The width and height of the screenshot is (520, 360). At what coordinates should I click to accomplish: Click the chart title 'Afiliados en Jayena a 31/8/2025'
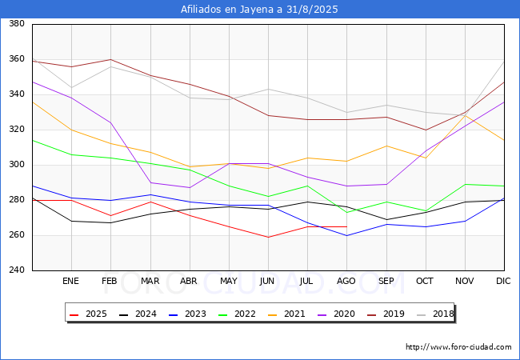click(259, 10)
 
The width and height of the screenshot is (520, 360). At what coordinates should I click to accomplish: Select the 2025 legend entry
click(88, 314)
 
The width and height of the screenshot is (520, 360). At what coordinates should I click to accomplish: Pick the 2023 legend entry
click(187, 314)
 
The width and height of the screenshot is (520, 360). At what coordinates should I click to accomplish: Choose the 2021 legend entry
click(286, 314)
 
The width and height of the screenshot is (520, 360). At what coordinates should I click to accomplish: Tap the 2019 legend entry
click(386, 314)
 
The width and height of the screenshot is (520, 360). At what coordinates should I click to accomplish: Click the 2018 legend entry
click(435, 314)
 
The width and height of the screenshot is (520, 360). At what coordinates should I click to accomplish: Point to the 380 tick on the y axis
click(17, 23)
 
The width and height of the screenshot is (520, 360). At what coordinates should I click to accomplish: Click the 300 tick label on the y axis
click(17, 165)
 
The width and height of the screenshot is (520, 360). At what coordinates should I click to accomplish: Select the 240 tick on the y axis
click(17, 270)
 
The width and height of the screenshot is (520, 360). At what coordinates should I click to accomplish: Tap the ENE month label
click(70, 281)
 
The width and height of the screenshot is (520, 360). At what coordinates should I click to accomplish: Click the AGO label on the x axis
click(346, 281)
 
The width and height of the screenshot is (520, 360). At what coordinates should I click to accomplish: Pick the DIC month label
click(503, 281)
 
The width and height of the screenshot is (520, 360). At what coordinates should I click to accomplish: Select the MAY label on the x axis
click(229, 281)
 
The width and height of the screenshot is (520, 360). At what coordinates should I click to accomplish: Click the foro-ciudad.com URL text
click(458, 347)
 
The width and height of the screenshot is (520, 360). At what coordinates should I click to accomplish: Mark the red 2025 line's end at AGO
click(346, 226)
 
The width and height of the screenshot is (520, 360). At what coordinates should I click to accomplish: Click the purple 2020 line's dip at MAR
click(150, 182)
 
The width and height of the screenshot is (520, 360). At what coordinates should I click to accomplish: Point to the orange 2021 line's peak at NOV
click(466, 115)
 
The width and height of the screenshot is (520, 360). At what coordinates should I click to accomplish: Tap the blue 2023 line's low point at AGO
click(346, 235)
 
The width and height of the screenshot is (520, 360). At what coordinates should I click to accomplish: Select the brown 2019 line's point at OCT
click(426, 130)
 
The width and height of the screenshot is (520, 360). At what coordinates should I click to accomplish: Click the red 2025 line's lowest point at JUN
click(268, 237)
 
